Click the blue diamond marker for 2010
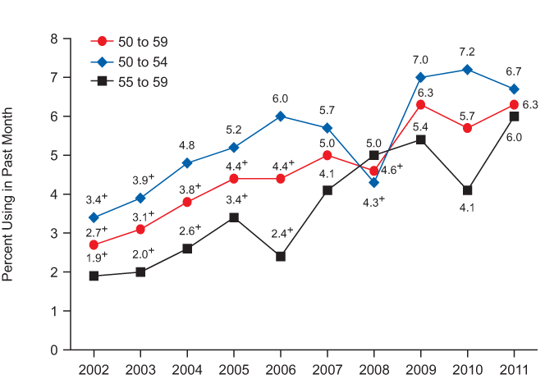pos(467,70)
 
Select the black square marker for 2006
pos(281,256)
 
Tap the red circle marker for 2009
pos(420,105)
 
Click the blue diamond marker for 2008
pos(373,182)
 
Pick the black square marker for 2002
pos(94,276)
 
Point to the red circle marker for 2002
pos(94,244)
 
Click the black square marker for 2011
pos(514,116)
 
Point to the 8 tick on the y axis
pos(54,39)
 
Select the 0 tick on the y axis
pos(54,350)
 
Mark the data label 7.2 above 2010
pos(467,51)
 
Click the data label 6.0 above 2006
pos(281,98)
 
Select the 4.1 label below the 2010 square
pos(467,208)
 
